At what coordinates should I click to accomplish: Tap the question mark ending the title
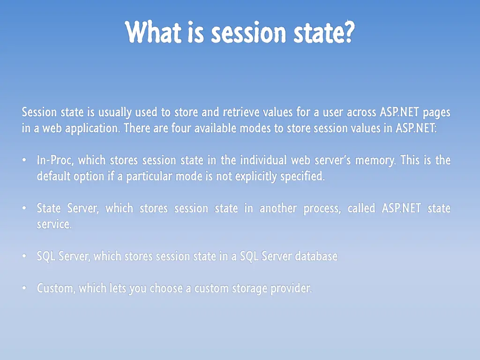347,33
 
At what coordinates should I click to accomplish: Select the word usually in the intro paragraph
115,112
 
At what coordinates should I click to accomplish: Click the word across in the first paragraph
361,112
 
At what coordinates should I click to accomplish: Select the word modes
255,128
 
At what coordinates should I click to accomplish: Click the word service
54,225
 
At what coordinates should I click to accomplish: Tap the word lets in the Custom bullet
118,288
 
